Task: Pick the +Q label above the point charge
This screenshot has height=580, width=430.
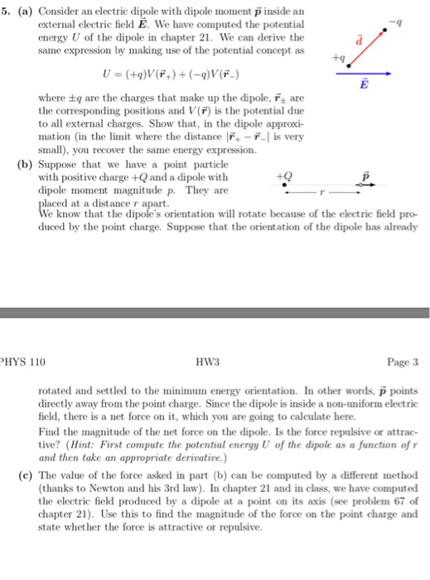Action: coord(287,175)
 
